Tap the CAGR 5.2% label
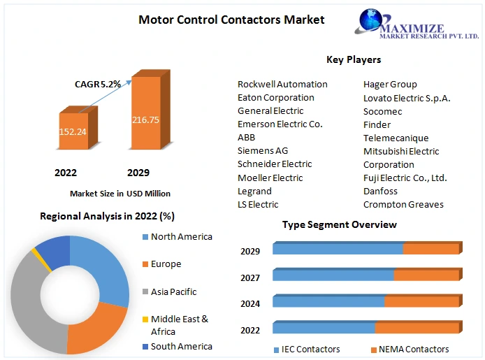coord(98,84)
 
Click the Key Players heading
coord(354,59)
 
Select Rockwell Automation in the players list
coord(282,85)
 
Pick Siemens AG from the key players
coord(263,151)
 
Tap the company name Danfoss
coord(380,191)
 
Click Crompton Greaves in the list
coord(403,204)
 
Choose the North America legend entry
coord(181,237)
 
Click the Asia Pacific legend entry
coord(173,291)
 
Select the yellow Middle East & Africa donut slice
coord(33,250)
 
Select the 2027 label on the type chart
coord(250,278)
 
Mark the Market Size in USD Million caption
coord(120,194)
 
